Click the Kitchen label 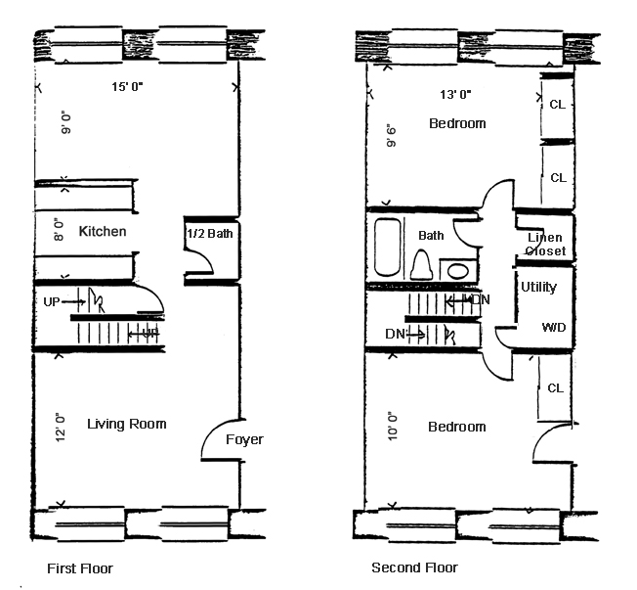click(103, 232)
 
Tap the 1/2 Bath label click(208, 235)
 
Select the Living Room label click(127, 424)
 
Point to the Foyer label click(243, 439)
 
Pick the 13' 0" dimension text click(455, 95)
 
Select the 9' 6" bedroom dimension click(392, 133)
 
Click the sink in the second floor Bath click(457, 270)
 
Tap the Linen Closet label click(545, 245)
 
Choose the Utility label click(538, 288)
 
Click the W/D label click(554, 327)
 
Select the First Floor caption click(80, 567)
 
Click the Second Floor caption click(414, 567)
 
